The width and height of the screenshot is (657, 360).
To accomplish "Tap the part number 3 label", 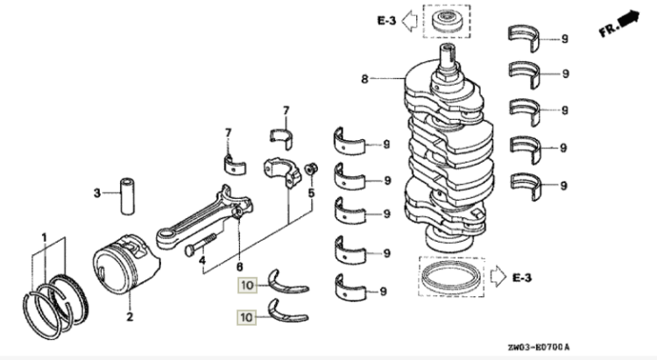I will click(x=97, y=192).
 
